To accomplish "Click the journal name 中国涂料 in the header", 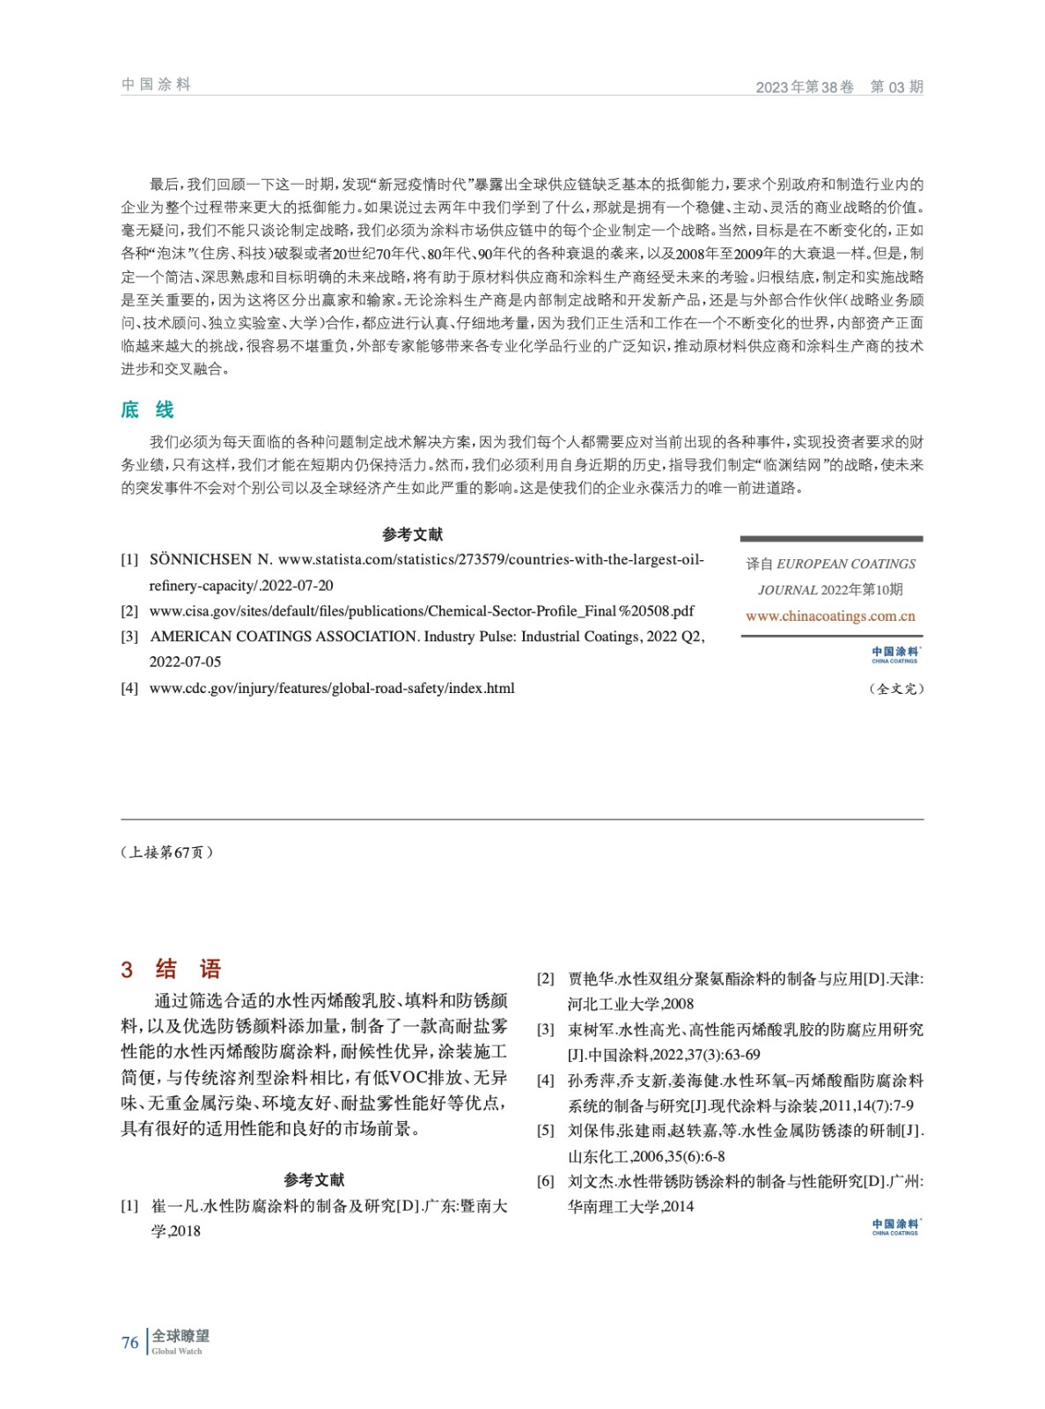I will point(156,85).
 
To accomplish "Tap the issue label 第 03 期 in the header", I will point(896,86).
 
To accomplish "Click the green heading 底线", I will point(147,409).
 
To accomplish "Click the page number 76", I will point(129,1343).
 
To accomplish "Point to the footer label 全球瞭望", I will point(180,1336).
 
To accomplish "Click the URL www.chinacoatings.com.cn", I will point(830,616).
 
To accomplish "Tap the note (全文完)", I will point(896,689).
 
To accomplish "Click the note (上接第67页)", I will point(166,852).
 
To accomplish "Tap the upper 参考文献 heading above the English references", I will point(412,535).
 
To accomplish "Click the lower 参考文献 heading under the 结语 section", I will point(313,1180).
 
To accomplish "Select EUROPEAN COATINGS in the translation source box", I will point(846,564).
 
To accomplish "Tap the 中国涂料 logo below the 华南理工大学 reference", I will point(894,1227).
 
